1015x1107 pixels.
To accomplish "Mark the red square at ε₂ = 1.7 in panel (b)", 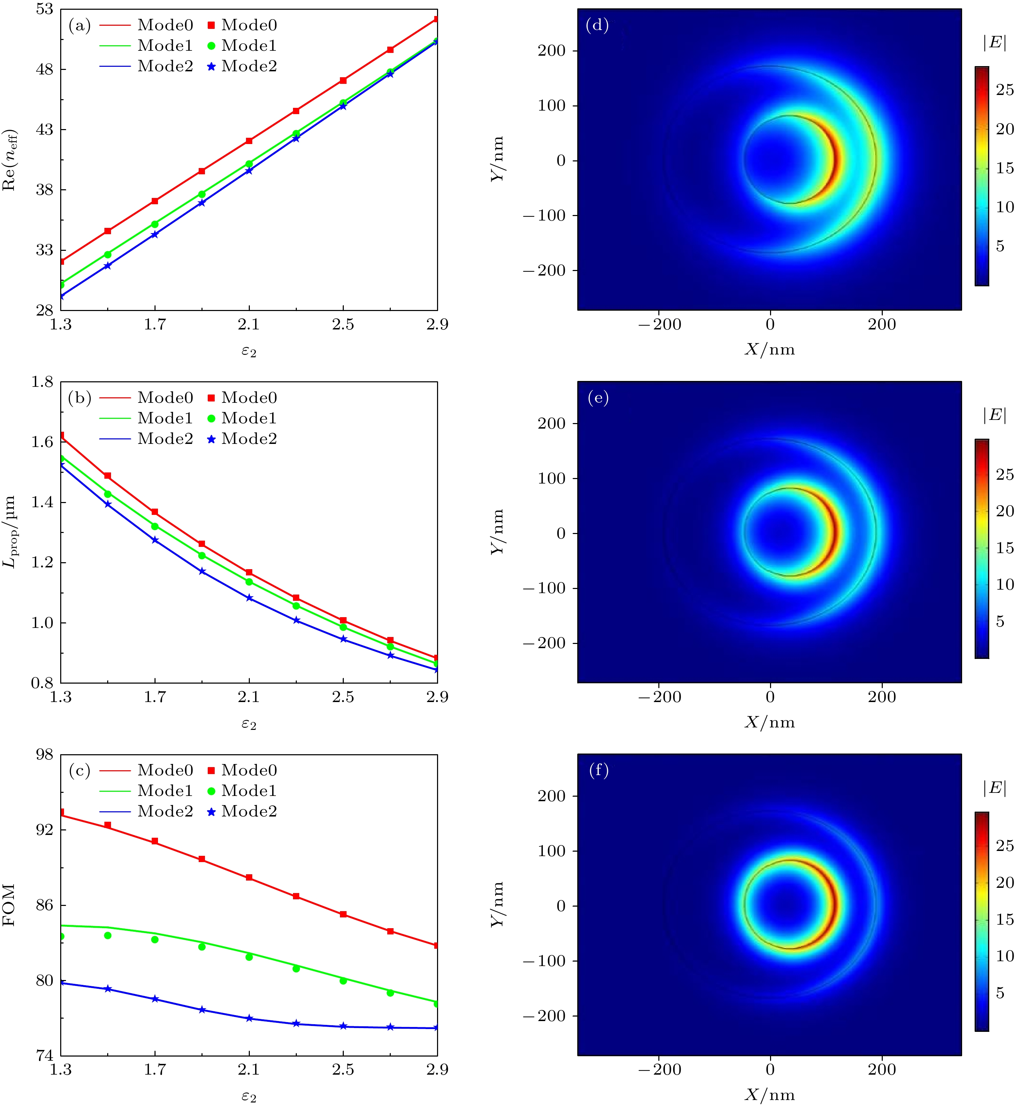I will pos(155,512).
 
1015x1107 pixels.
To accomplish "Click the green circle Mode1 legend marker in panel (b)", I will pos(211,419).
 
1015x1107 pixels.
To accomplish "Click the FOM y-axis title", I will pos(9,905).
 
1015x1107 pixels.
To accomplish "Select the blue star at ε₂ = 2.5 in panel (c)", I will pos(343,1026).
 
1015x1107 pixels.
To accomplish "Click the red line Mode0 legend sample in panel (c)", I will pos(115,770).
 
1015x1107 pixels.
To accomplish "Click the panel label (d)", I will pos(597,25).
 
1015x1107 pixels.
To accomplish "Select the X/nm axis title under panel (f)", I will pos(769,1094).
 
